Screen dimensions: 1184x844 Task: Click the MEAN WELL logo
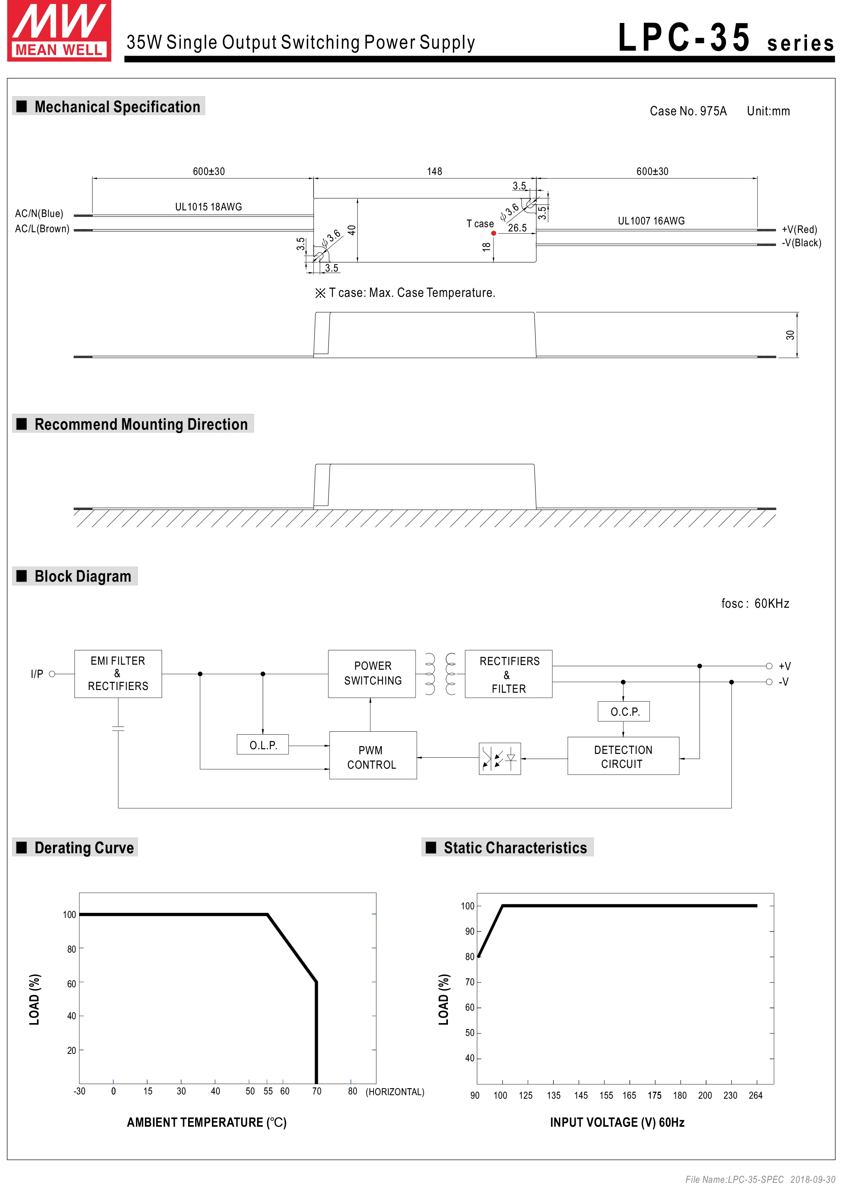point(59,31)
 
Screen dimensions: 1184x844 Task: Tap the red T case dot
point(493,233)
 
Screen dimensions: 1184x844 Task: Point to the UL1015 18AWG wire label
point(208,207)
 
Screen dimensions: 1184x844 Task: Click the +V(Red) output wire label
point(799,229)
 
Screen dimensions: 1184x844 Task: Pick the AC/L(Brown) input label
point(42,229)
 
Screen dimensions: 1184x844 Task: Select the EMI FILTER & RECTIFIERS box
point(118,674)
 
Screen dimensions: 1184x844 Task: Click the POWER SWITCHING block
point(372,674)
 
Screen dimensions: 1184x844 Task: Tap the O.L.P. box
point(263,745)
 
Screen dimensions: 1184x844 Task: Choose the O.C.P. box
point(624,711)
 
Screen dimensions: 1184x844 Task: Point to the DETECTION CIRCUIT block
point(623,757)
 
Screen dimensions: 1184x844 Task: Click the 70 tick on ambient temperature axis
point(317,1091)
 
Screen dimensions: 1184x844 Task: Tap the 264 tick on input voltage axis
point(755,1095)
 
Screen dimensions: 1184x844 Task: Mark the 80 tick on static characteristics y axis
point(469,957)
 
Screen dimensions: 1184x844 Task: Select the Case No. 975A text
point(687,111)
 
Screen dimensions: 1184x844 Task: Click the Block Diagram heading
point(83,576)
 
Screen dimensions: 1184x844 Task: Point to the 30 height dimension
point(790,335)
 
